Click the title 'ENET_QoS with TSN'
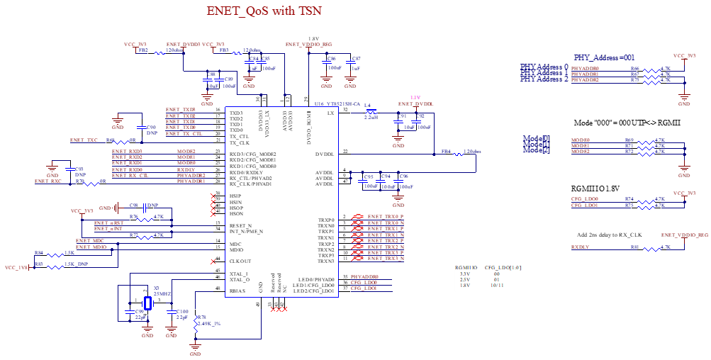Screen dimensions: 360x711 click(x=264, y=11)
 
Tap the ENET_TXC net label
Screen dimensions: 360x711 click(x=84, y=140)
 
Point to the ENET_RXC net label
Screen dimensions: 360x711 click(x=48, y=181)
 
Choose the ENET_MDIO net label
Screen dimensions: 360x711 click(x=92, y=247)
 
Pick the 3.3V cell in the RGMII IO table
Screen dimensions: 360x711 click(x=465, y=274)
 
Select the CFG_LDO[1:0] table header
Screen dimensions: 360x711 click(x=503, y=268)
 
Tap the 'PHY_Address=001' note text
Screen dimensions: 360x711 click(x=605, y=57)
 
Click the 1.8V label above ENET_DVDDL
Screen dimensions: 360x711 click(x=415, y=97)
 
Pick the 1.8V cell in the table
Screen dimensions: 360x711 click(x=465, y=285)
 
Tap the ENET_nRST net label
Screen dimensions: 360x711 click(x=109, y=223)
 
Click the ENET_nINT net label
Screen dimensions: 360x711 click(x=109, y=229)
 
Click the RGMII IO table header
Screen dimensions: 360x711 click(x=466, y=268)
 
